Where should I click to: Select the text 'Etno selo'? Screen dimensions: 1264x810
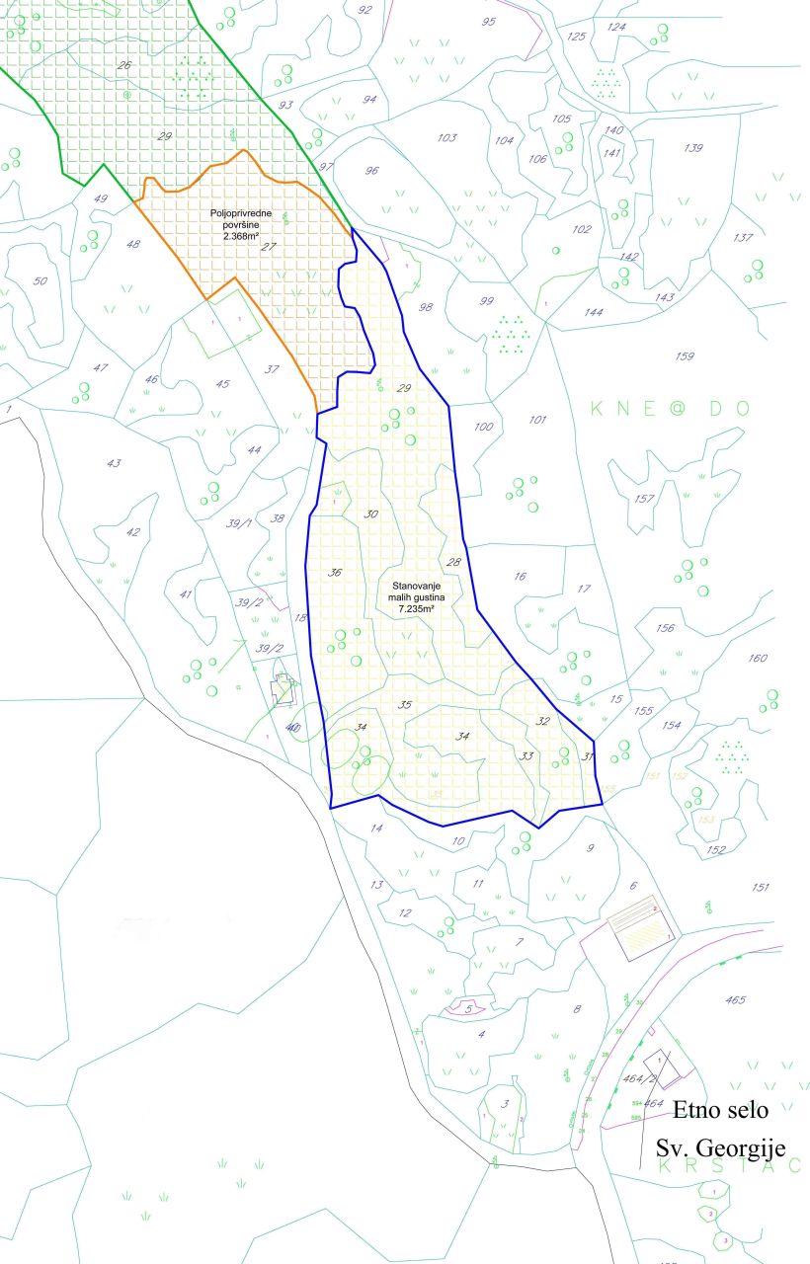[x=720, y=1109]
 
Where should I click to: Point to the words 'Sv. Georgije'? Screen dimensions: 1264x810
[x=720, y=1148]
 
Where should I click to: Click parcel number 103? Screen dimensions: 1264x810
[x=446, y=138]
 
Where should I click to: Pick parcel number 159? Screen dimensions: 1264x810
[x=684, y=356]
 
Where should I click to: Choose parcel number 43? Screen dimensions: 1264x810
[x=114, y=463]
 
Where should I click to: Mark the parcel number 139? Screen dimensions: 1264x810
[x=692, y=148]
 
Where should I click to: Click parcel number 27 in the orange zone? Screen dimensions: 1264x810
[x=268, y=248]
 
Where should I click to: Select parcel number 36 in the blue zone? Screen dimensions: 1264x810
[x=335, y=573]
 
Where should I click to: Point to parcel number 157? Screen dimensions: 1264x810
[x=644, y=499]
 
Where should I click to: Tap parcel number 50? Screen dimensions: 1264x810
[x=40, y=281]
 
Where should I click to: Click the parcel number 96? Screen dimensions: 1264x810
[x=371, y=171]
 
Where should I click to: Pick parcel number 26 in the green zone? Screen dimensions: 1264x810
[x=123, y=66]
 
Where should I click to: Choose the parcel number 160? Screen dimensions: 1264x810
[x=758, y=659]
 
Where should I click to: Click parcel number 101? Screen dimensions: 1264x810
[x=537, y=421]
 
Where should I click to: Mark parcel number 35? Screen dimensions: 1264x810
[x=403, y=705]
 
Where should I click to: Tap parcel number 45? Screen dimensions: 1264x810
[x=222, y=385]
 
